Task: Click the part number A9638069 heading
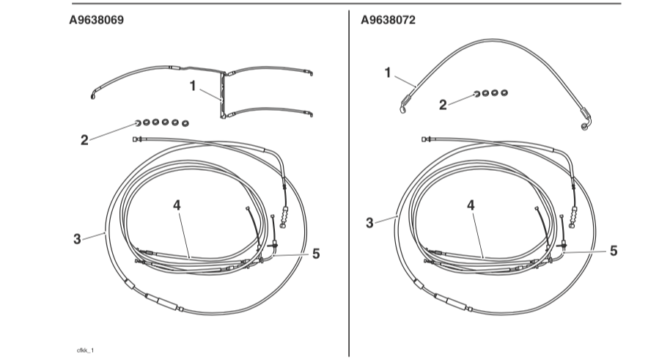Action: [97, 20]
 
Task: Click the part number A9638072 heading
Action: [388, 20]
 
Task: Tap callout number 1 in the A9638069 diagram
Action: [193, 86]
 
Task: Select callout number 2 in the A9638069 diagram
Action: [84, 140]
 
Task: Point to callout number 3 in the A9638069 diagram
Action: [77, 239]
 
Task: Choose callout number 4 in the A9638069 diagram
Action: [177, 205]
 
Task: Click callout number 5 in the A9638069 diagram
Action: [316, 254]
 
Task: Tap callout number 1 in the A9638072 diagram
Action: [388, 73]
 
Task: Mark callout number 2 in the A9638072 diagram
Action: [443, 105]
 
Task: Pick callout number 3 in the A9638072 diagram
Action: [369, 223]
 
